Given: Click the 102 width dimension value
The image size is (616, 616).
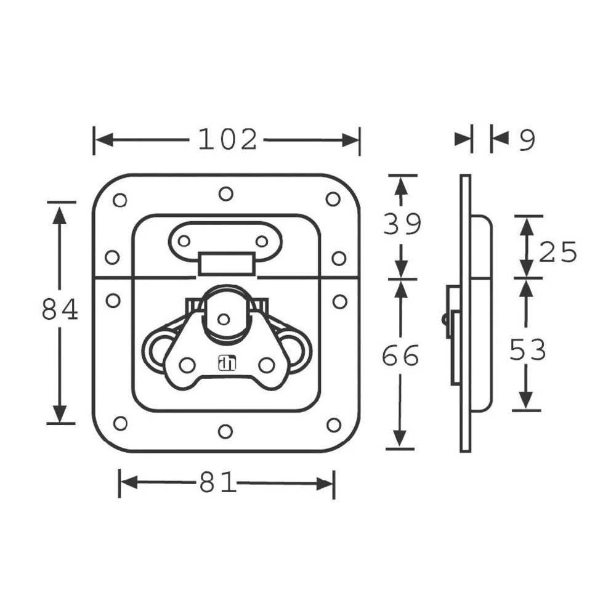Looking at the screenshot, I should tap(227, 140).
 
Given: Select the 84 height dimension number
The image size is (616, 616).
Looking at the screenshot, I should tap(60, 310).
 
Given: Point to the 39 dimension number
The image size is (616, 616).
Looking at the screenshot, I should tap(402, 224).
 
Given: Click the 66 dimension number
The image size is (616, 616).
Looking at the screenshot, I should tap(400, 357).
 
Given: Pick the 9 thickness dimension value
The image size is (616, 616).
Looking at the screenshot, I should tap(527, 141).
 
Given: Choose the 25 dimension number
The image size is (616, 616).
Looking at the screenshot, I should tap(558, 252).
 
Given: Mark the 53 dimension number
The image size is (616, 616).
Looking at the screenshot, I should tap(528, 351).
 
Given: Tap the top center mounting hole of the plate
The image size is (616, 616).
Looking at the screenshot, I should tap(226, 194).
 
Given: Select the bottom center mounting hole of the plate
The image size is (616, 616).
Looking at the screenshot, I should tap(225, 431).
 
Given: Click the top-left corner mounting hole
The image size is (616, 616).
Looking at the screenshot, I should tap(120, 200).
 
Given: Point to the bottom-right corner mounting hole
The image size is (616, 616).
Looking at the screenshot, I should tap(333, 425).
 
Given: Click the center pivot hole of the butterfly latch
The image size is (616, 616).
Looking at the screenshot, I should tap(224, 319).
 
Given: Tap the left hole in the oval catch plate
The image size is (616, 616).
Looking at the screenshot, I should tap(184, 241).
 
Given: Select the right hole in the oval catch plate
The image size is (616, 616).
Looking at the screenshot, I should tap(262, 241).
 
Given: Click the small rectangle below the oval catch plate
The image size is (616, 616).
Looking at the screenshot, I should tap(226, 264).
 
